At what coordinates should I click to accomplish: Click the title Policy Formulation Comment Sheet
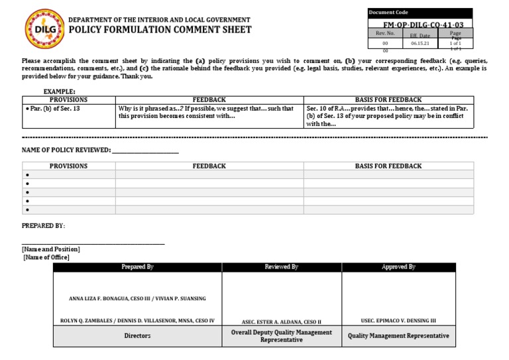160,30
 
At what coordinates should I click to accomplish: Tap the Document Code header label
389,13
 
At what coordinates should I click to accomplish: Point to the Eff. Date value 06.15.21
420,43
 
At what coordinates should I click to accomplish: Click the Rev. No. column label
385,33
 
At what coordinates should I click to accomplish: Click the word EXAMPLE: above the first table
60,91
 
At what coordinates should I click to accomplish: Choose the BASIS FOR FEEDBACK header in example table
388,99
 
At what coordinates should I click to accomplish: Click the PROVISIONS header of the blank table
68,166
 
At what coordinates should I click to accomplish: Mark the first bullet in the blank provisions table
27,175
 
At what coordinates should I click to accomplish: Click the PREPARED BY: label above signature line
44,226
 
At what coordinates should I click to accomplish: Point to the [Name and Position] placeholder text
50,249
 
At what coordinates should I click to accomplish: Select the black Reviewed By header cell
282,267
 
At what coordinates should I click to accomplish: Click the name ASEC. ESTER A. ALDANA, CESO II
282,321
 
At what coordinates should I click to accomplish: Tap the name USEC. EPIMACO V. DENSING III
398,321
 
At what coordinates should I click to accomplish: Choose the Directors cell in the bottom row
137,336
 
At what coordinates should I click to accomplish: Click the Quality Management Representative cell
398,336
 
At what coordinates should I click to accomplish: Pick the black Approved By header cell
398,267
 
